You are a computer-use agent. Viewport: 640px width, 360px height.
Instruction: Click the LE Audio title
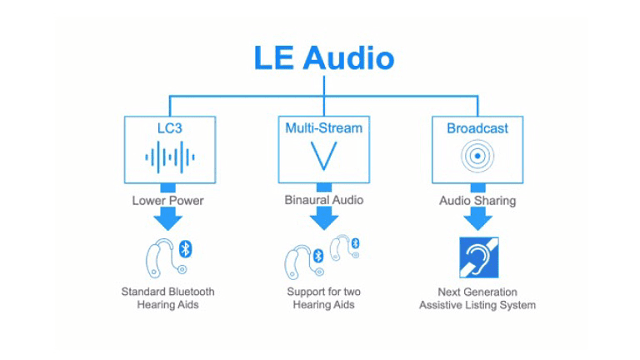(323, 58)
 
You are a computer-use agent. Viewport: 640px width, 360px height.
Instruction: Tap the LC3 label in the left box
(169, 128)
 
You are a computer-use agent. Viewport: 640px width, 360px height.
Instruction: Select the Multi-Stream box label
(323, 128)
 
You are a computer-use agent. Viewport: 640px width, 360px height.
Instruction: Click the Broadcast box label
(477, 128)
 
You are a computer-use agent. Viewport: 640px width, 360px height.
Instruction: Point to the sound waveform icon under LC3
(169, 156)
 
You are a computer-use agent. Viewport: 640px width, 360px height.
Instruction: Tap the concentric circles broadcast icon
(477, 156)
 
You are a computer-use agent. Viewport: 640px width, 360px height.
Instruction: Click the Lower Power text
(167, 201)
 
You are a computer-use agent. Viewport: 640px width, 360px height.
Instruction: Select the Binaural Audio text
(323, 201)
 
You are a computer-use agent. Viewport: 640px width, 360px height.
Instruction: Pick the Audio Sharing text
(477, 201)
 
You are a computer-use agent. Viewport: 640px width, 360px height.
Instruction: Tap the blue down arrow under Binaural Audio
(323, 218)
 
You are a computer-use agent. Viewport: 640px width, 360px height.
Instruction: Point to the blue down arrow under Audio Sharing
(477, 218)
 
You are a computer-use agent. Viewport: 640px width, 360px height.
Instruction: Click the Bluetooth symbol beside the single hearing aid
(186, 248)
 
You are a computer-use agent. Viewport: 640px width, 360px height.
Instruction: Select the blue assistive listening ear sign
(477, 257)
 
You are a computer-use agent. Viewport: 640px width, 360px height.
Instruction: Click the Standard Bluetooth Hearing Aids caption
(167, 298)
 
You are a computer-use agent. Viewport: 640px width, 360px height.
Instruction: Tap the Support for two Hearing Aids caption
(323, 298)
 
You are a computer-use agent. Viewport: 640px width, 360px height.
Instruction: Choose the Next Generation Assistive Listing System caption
(477, 298)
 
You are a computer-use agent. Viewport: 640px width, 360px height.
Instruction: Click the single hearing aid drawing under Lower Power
(161, 258)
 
